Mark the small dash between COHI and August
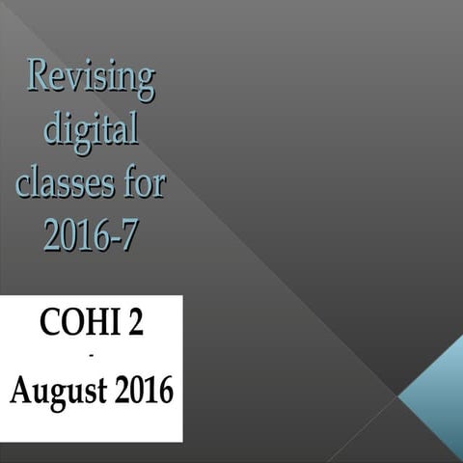pyautogui.click(x=91, y=357)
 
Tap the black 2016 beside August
pyautogui.click(x=139, y=391)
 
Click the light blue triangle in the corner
pyautogui.click(x=435, y=395)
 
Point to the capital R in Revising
pyautogui.click(x=41, y=75)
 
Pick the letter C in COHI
pyautogui.click(x=49, y=323)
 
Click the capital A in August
pyautogui.click(x=21, y=390)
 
